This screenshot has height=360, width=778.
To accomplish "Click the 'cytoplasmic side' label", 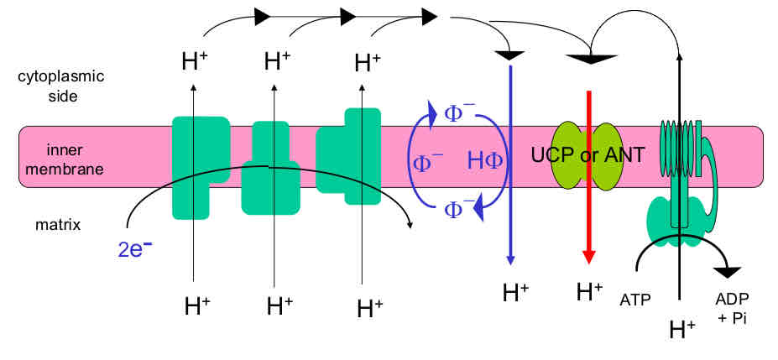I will point(61,85).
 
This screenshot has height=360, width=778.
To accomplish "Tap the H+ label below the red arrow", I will point(589,292).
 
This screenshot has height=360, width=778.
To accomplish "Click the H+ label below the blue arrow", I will point(514,293).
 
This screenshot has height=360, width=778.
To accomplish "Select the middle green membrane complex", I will point(269,168).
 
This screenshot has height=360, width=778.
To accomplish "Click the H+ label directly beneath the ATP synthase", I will point(681,330).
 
